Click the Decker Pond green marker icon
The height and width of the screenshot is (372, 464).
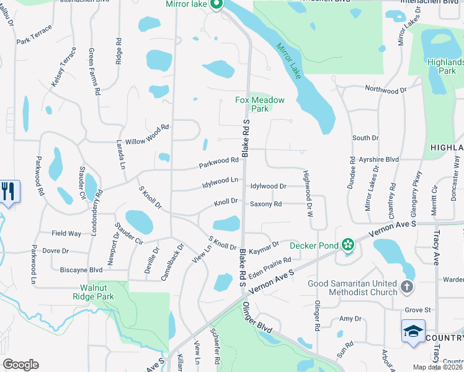[x=348, y=245]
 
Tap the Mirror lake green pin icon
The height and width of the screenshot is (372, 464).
[x=216, y=6]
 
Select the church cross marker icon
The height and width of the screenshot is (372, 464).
[x=406, y=286]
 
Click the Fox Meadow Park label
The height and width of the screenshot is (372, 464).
[x=260, y=104]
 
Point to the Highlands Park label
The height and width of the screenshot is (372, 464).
[x=445, y=66]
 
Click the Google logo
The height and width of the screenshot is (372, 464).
[x=21, y=364]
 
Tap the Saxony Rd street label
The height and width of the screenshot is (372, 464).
[x=265, y=204]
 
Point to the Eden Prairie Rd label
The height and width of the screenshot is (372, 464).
[x=270, y=268]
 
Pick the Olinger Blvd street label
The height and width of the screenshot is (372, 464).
[x=257, y=321]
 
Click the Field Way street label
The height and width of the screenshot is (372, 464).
[x=66, y=234]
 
